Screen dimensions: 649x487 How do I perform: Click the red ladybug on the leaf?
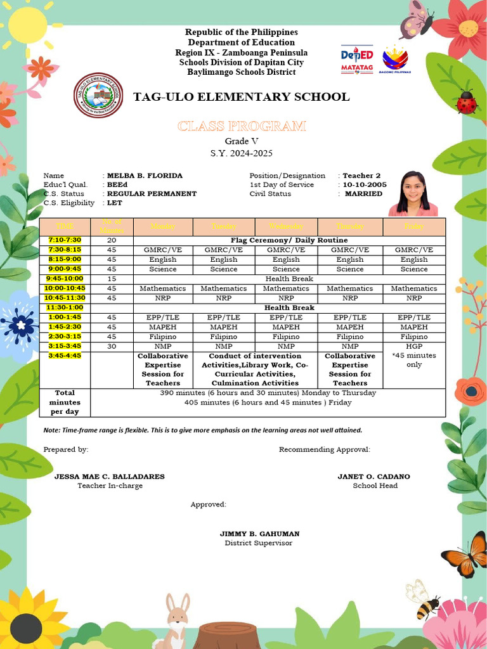click(x=466, y=103)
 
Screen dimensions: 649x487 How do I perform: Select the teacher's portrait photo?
click(x=413, y=193)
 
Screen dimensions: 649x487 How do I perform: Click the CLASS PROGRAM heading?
click(x=242, y=126)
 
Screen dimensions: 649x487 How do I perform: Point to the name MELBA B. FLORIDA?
click(x=145, y=176)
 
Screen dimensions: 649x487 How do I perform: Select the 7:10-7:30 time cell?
click(x=65, y=240)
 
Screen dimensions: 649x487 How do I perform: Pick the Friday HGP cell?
click(x=414, y=347)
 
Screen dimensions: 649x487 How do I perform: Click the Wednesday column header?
click(x=286, y=226)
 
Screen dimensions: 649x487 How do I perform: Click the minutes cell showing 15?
click(x=112, y=279)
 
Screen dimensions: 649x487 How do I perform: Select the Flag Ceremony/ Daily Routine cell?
click(x=289, y=240)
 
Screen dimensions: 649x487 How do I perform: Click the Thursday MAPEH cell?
click(x=349, y=327)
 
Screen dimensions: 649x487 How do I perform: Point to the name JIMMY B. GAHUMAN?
click(x=259, y=534)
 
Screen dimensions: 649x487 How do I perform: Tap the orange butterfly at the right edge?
click(x=467, y=555)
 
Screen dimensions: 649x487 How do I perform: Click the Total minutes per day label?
click(x=65, y=402)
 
